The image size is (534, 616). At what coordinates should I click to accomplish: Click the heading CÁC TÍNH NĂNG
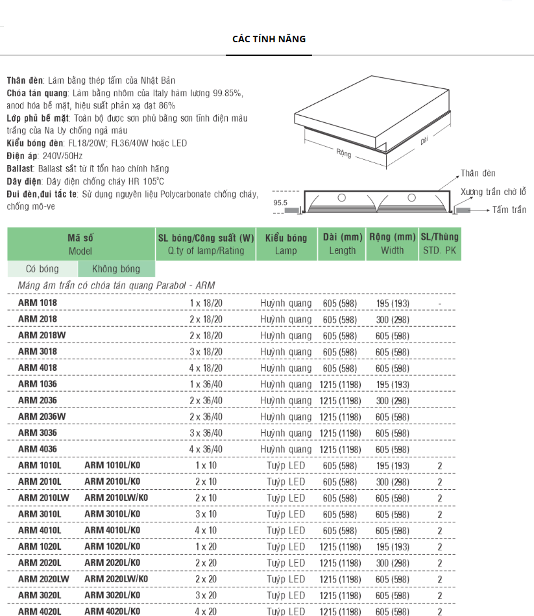pyautogui.click(x=269, y=39)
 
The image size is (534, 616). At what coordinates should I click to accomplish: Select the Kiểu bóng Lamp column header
pyautogui.click(x=286, y=244)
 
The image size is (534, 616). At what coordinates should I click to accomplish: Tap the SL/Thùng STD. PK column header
pyautogui.click(x=439, y=244)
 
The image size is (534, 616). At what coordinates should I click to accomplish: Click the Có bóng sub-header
pyautogui.click(x=42, y=269)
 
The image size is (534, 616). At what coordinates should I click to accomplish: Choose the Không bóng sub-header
pyautogui.click(x=116, y=269)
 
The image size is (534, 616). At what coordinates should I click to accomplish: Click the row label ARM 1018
pyautogui.click(x=38, y=303)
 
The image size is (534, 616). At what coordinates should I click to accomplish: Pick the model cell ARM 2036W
pyautogui.click(x=42, y=417)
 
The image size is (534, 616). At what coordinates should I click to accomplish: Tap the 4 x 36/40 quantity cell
pyautogui.click(x=206, y=449)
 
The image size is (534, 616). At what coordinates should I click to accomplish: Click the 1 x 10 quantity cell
pyautogui.click(x=206, y=465)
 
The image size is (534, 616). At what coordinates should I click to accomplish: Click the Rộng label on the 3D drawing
pyautogui.click(x=344, y=153)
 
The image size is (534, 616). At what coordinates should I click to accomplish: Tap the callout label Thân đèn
pyautogui.click(x=478, y=173)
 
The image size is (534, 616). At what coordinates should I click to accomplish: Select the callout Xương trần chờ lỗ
pyautogui.click(x=493, y=192)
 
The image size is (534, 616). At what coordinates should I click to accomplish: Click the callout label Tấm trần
pyautogui.click(x=509, y=210)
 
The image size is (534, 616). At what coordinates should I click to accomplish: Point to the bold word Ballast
pyautogui.click(x=21, y=168)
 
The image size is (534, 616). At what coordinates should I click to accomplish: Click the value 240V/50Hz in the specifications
pyautogui.click(x=62, y=157)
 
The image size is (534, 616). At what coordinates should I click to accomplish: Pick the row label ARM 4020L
pyautogui.click(x=40, y=611)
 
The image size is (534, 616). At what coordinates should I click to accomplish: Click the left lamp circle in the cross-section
pyautogui.click(x=342, y=198)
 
